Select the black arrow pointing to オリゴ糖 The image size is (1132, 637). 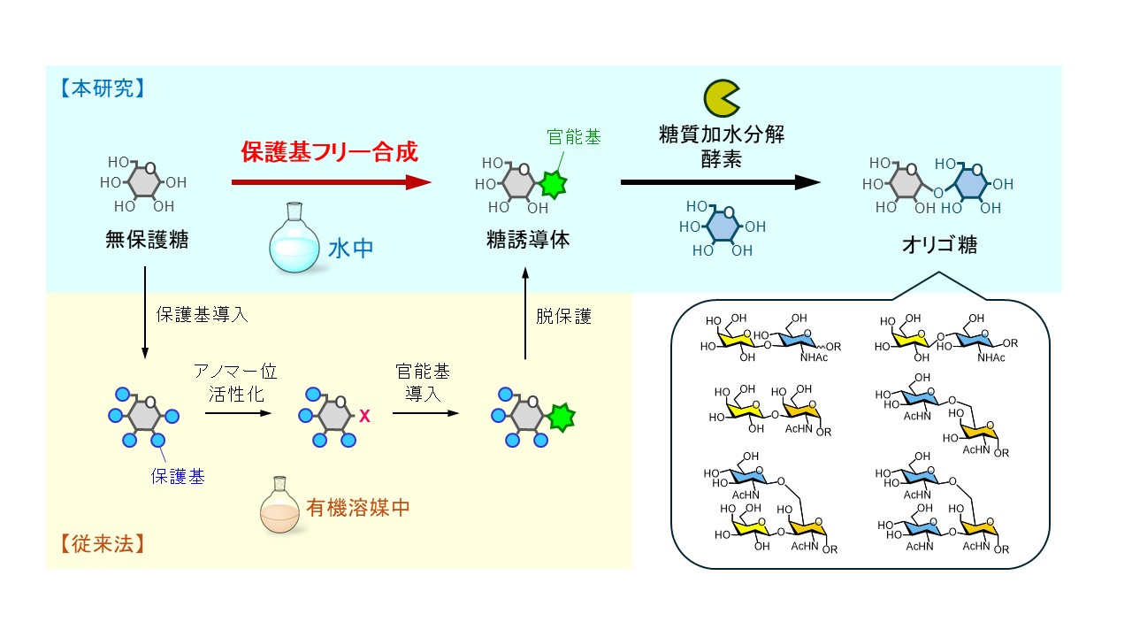pyautogui.click(x=720, y=182)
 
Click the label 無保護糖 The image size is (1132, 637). pyautogui.click(x=146, y=240)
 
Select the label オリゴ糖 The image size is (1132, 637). pyautogui.click(x=942, y=245)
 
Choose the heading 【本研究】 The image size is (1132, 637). pyautogui.click(x=96, y=88)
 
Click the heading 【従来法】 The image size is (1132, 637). pyautogui.click(x=97, y=541)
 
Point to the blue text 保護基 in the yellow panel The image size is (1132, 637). pyautogui.click(x=177, y=476)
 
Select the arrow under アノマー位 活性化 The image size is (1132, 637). pyautogui.click(x=235, y=413)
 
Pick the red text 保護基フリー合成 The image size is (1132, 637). pyautogui.click(x=329, y=151)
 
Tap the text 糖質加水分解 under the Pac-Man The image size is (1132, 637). pyautogui.click(x=722, y=134)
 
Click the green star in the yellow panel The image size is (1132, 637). pyautogui.click(x=560, y=416)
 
